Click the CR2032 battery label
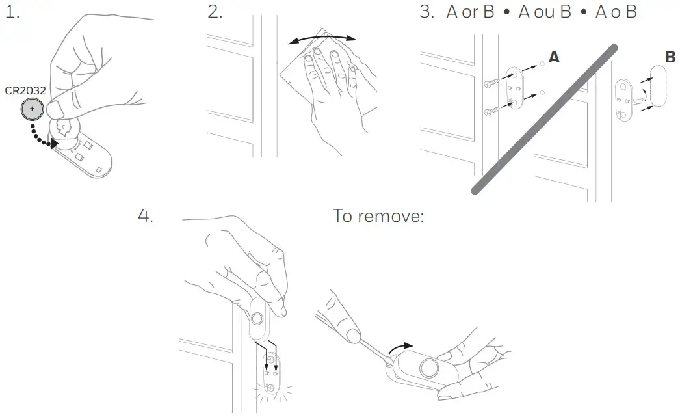pos(25,90)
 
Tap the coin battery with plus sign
pos(32,109)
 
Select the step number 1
pos(12,12)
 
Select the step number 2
pos(215,12)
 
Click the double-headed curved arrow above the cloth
pos(322,38)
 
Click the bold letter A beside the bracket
pos(554,57)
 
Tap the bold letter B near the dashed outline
pos(670,57)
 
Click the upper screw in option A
pos(491,83)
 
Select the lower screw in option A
pos(491,112)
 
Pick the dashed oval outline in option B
pos(658,86)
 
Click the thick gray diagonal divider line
pos(544,119)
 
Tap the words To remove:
pos(378,216)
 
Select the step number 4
pos(145,216)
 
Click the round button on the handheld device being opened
pos(429,368)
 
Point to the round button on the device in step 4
pos(257,319)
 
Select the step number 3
pos(427,12)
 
